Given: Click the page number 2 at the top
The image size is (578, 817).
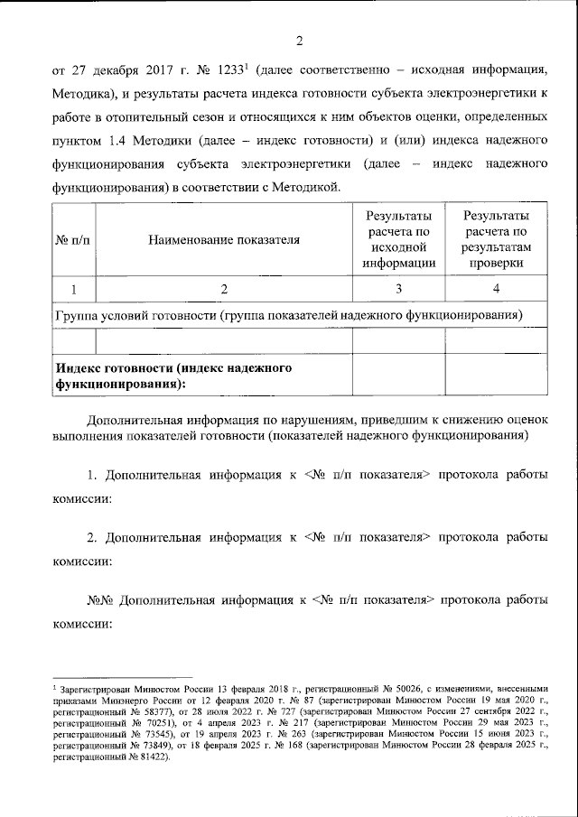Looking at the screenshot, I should [299, 39].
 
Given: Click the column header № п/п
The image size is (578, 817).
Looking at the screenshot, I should [74, 239].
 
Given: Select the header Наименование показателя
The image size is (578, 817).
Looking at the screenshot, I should [224, 239].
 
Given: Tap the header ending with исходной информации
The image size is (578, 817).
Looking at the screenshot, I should [398, 239].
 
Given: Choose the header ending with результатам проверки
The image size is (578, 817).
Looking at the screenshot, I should [495, 239].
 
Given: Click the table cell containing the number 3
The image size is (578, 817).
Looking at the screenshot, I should [398, 288].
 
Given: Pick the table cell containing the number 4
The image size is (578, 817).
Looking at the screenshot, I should [495, 288].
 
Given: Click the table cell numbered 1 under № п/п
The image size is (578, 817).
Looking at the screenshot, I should [74, 288].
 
